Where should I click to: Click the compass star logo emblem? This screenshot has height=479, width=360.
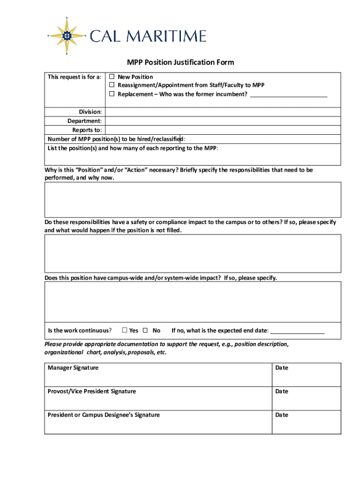click(x=67, y=35)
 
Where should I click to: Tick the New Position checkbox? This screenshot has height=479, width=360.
click(x=112, y=77)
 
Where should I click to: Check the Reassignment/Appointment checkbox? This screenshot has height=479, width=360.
click(x=112, y=85)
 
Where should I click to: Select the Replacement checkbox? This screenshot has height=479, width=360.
click(x=112, y=94)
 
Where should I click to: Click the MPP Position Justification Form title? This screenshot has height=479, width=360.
click(x=180, y=62)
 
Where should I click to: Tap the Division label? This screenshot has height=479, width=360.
click(x=90, y=112)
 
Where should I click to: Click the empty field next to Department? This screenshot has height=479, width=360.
click(x=223, y=121)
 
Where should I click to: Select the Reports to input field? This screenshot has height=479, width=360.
click(x=223, y=130)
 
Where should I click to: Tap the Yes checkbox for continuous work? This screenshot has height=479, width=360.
click(x=125, y=330)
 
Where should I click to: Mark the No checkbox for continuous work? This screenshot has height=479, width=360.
click(x=145, y=330)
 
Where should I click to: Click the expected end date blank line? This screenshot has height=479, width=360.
click(x=297, y=331)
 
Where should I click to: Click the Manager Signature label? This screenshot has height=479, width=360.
click(x=73, y=368)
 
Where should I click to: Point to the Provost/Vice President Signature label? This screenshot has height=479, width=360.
click(x=92, y=391)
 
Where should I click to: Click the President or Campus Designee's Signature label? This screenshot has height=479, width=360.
click(x=103, y=415)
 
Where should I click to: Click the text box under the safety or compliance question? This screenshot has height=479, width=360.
click(x=193, y=253)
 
